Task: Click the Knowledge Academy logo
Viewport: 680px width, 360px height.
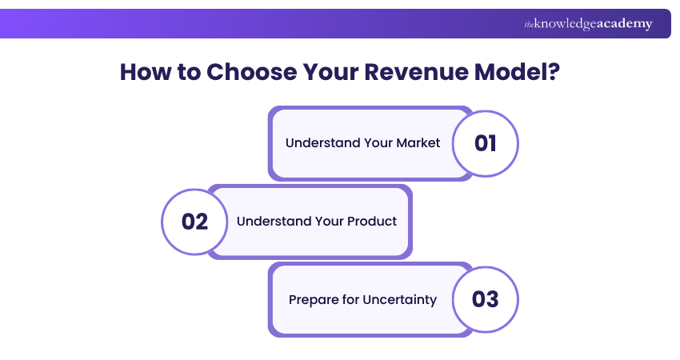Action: [x=588, y=24]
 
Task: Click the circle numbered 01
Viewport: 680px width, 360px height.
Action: [x=485, y=143]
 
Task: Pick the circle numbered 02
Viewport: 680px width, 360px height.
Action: [x=194, y=222]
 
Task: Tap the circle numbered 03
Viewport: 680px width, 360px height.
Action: [x=485, y=299]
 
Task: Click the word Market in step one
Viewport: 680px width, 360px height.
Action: [x=418, y=143]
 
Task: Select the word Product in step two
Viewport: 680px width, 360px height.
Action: [x=371, y=222]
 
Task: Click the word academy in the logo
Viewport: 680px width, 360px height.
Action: [x=625, y=24]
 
